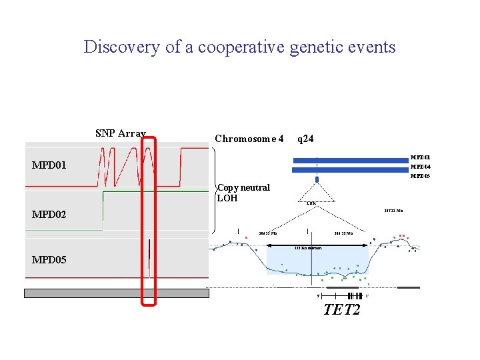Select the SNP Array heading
click(x=121, y=133)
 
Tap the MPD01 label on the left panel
click(x=49, y=165)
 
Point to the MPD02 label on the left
click(x=49, y=215)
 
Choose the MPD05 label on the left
click(x=49, y=259)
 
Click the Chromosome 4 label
click(x=249, y=139)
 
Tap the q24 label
click(x=305, y=139)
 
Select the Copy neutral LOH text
click(x=243, y=192)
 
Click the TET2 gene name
click(x=341, y=309)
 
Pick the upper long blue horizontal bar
click(x=350, y=160)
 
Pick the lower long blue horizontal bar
click(x=350, y=169)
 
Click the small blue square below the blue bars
click(x=317, y=179)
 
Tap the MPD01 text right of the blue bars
click(x=420, y=158)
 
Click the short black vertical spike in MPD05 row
click(x=149, y=253)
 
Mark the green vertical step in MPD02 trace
click(x=103, y=210)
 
